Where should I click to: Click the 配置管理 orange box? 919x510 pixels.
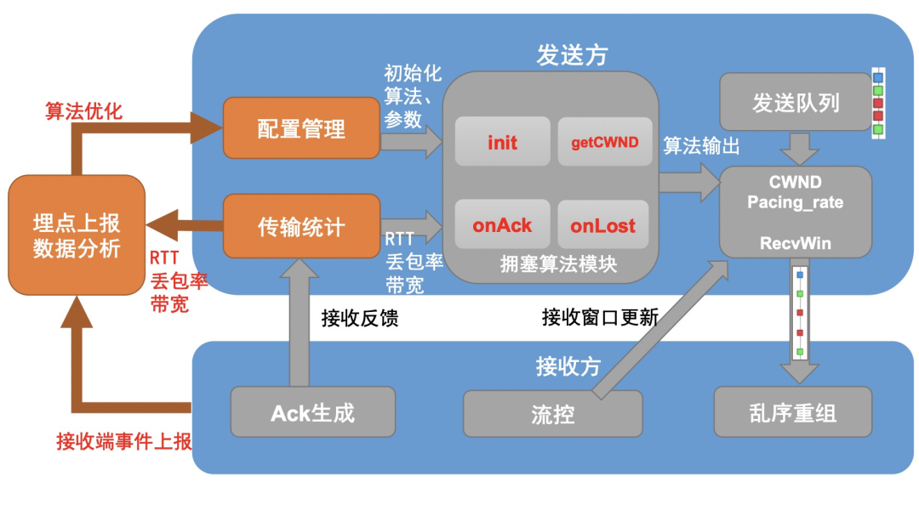click(x=301, y=127)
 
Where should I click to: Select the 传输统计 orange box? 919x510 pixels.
click(x=301, y=226)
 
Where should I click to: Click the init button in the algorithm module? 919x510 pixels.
click(x=502, y=142)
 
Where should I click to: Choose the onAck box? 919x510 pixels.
click(x=502, y=225)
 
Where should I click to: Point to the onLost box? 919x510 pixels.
click(x=602, y=225)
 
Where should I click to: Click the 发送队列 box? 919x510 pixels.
click(x=796, y=103)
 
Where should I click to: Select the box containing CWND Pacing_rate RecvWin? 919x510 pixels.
click(x=796, y=212)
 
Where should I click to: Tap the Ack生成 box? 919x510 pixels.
click(x=312, y=413)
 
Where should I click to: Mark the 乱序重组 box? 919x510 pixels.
click(x=793, y=413)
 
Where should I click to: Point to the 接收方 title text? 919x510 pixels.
click(x=568, y=366)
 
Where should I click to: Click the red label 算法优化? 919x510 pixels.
click(x=83, y=111)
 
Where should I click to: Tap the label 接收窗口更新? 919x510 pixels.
click(x=600, y=318)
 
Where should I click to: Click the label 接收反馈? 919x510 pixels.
click(x=360, y=318)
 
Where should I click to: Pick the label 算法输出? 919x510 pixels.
click(x=701, y=145)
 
